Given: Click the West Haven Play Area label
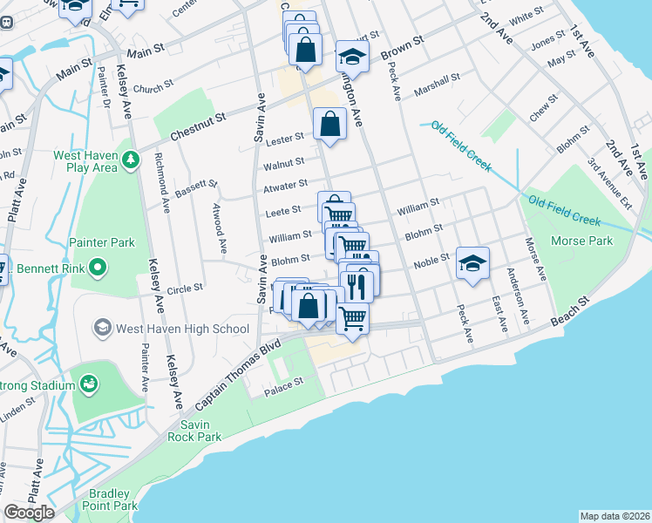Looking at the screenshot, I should pyautogui.click(x=85, y=161).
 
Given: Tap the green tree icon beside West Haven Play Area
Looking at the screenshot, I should pyautogui.click(x=131, y=159).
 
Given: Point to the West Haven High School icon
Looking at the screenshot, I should pyautogui.click(x=102, y=329).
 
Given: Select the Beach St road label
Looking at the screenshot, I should pyautogui.click(x=571, y=310).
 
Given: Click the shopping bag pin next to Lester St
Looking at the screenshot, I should pyautogui.click(x=330, y=124).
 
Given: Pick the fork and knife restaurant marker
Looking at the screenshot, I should pyautogui.click(x=357, y=284).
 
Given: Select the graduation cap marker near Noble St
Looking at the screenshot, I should pyautogui.click(x=472, y=263).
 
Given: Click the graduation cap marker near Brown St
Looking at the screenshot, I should pyautogui.click(x=351, y=57).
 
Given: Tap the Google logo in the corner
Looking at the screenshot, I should pyautogui.click(x=29, y=513).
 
